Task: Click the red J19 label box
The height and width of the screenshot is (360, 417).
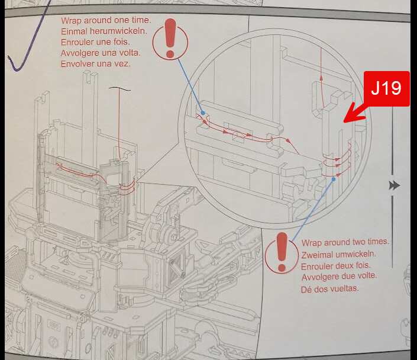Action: [x=386, y=89]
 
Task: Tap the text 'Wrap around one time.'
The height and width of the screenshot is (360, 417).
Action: [x=106, y=20]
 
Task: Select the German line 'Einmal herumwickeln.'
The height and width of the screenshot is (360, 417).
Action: [x=104, y=31]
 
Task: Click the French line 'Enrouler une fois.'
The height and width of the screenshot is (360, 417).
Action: [x=95, y=42]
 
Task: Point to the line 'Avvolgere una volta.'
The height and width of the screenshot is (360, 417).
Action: [x=101, y=53]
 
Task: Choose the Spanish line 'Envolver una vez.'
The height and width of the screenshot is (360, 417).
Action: [x=95, y=64]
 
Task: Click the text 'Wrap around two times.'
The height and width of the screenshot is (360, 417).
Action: [x=345, y=242]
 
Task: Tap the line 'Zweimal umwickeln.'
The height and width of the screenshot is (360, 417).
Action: [x=338, y=254]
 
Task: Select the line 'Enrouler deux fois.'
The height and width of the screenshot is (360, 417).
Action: [x=335, y=266]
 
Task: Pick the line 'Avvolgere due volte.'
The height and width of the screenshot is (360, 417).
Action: [x=339, y=277]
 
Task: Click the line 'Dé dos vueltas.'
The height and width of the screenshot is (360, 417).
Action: [x=330, y=288]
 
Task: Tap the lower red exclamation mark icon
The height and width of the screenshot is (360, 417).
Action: [x=282, y=252]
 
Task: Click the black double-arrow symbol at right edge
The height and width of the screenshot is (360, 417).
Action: [x=394, y=185]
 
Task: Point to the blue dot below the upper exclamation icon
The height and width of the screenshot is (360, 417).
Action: [x=203, y=113]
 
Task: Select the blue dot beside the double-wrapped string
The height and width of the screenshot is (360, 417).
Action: [x=334, y=179]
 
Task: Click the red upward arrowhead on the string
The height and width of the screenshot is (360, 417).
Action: [x=321, y=78]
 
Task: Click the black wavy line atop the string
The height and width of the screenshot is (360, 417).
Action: [x=119, y=89]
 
